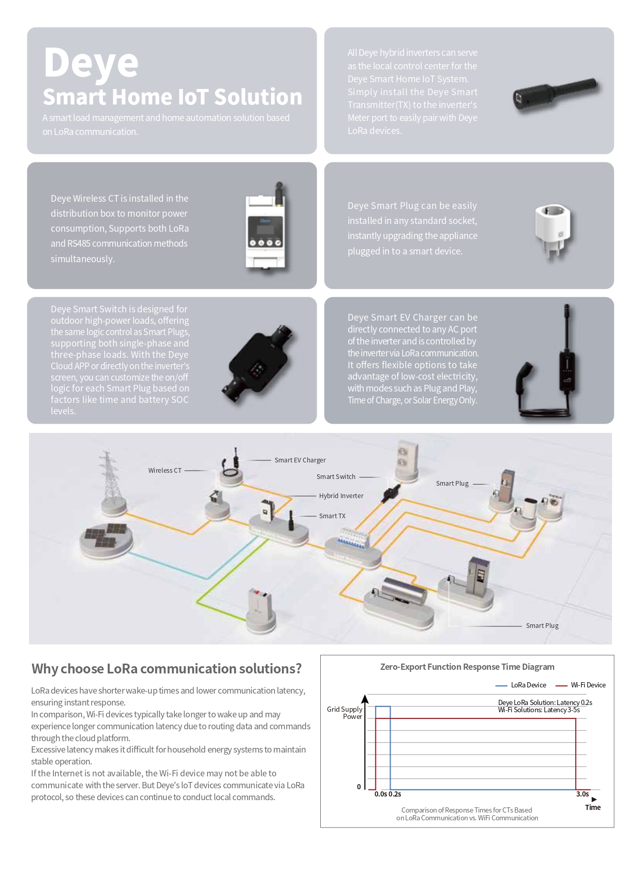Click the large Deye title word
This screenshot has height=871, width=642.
(x=91, y=63)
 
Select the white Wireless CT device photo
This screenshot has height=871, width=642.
(x=265, y=230)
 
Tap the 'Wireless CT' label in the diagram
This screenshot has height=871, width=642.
(x=165, y=471)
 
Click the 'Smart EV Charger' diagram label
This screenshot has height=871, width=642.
(x=300, y=460)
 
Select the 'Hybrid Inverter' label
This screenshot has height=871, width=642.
(x=341, y=496)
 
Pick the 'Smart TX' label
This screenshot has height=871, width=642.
(x=332, y=516)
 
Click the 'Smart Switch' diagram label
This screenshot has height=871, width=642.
(x=336, y=477)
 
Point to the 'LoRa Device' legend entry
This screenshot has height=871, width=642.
(x=528, y=685)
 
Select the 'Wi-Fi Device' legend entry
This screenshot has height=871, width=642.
(x=588, y=685)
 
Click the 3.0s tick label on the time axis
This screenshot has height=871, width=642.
(x=582, y=794)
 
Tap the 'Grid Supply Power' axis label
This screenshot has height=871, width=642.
(x=345, y=713)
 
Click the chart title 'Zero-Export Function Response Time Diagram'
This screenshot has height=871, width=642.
(x=467, y=667)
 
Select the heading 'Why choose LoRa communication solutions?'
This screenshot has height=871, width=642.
(x=167, y=669)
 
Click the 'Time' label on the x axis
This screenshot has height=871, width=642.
(x=593, y=807)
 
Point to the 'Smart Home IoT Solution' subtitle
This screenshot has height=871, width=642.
(x=172, y=97)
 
